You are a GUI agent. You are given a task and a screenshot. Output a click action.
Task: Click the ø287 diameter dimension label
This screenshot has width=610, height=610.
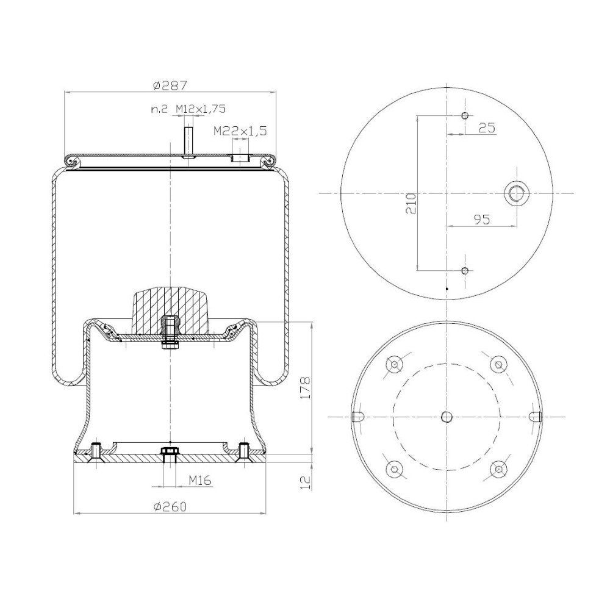tap(170, 85)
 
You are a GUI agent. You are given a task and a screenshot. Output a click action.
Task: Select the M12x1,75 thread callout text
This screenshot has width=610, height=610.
tap(200, 109)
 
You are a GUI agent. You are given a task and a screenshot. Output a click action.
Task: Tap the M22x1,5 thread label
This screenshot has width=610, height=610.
tap(240, 131)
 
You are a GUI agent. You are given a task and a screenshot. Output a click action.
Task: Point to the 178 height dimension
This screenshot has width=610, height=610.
tap(306, 387)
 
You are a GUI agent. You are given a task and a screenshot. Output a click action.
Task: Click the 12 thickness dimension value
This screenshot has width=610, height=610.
tap(306, 482)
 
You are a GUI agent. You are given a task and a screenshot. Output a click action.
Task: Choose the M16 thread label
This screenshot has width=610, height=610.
tap(200, 481)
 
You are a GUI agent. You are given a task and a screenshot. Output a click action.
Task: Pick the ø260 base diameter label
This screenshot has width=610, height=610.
tap(170, 506)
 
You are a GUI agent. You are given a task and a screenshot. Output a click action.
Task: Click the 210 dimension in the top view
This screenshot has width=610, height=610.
tap(411, 203)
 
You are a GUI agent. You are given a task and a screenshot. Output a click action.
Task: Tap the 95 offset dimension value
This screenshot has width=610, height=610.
tap(482, 220)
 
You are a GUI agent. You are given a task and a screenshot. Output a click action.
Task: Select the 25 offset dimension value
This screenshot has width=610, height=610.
tap(487, 127)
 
